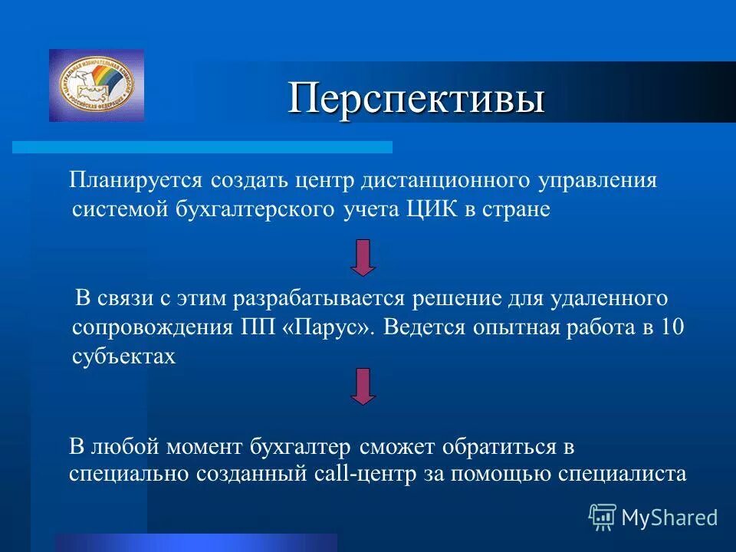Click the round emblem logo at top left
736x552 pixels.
[96, 85]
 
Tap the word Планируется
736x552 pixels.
[135, 181]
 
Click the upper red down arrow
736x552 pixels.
[363, 257]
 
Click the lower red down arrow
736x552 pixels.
[363, 386]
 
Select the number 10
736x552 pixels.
[672, 327]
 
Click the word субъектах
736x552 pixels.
[124, 356]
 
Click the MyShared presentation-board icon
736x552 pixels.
[603, 517]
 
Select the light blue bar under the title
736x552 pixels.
[202, 147]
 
